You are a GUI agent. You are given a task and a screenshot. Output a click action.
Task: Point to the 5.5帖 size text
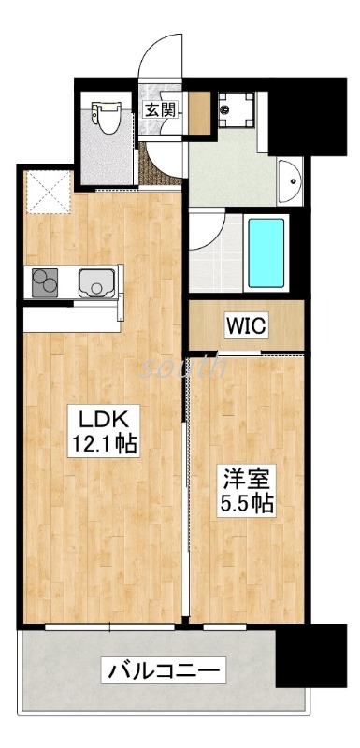point(247,505)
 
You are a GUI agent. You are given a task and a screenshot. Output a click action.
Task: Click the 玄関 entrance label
point(158,109)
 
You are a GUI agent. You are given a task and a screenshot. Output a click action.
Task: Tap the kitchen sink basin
point(96,280)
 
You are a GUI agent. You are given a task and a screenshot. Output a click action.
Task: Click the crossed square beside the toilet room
point(45,192)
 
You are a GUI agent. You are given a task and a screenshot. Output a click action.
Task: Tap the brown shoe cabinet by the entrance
point(197,113)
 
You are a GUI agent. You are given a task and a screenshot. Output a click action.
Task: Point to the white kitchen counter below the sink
point(70,317)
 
